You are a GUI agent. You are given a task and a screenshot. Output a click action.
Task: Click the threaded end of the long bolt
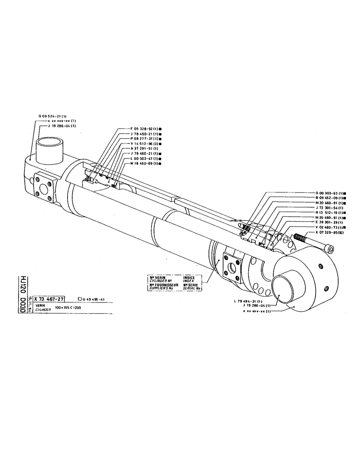[x=301, y=239]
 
